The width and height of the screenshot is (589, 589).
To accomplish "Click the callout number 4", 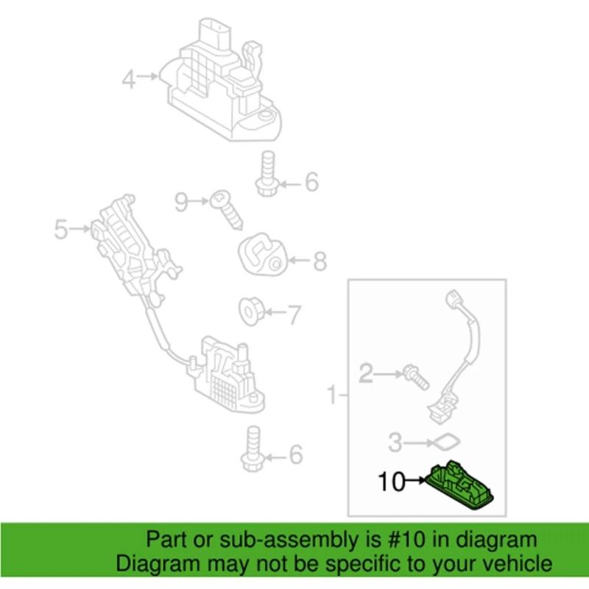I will point(129,77).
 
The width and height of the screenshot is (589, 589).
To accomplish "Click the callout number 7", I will point(293,316).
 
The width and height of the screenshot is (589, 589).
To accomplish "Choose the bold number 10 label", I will point(392,483).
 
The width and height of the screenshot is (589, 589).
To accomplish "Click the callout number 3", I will point(395,443).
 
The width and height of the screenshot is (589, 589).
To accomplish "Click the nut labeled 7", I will point(252,311).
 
